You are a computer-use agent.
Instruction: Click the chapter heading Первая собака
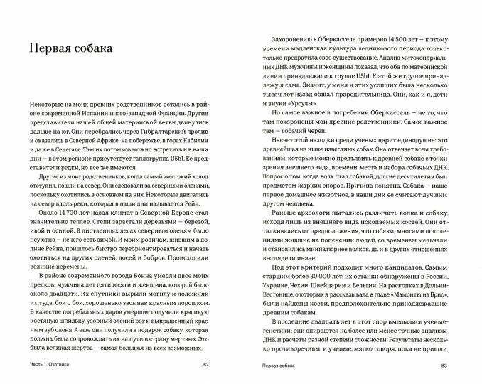[x=68, y=48]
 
